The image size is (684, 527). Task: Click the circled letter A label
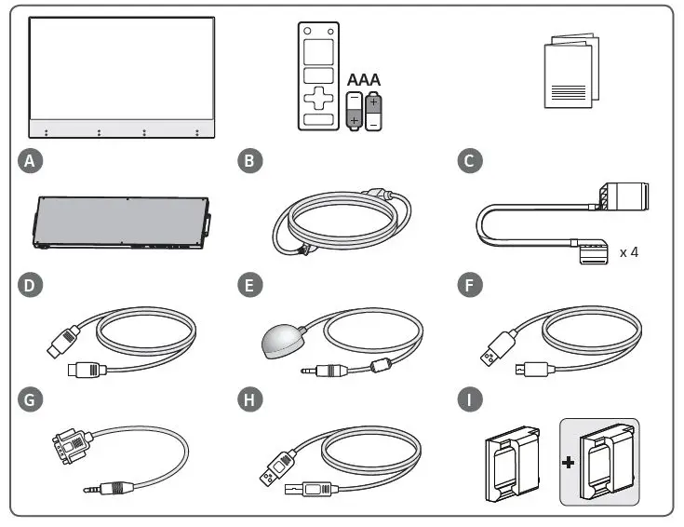32,161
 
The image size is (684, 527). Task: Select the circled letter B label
250,161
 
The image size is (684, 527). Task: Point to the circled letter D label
32,284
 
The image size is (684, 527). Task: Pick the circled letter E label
250,284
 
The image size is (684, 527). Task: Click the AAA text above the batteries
364,80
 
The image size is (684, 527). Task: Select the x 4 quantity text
629,251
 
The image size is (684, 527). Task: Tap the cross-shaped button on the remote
318,97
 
